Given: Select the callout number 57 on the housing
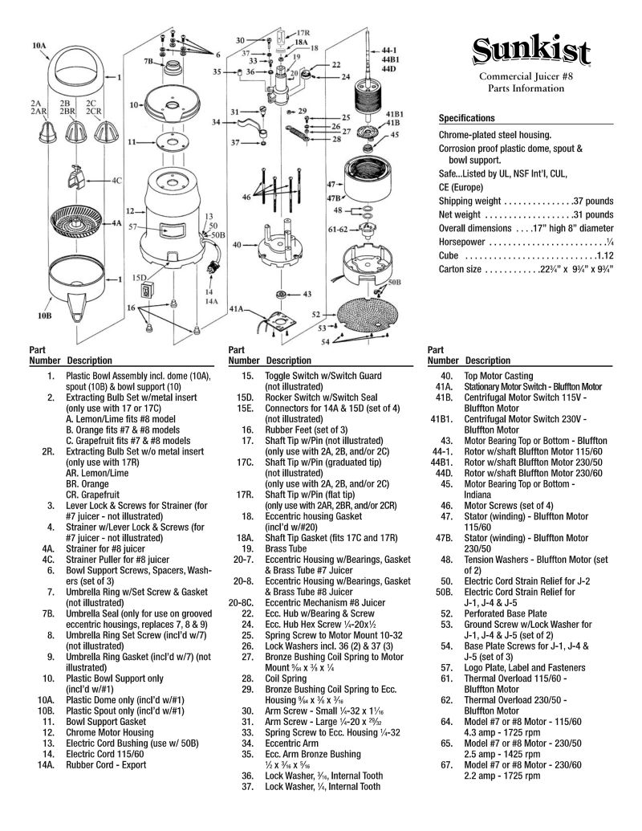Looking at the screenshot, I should (132, 227).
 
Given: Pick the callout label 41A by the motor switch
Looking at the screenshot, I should (237, 308).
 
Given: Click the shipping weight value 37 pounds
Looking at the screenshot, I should (593, 201).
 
